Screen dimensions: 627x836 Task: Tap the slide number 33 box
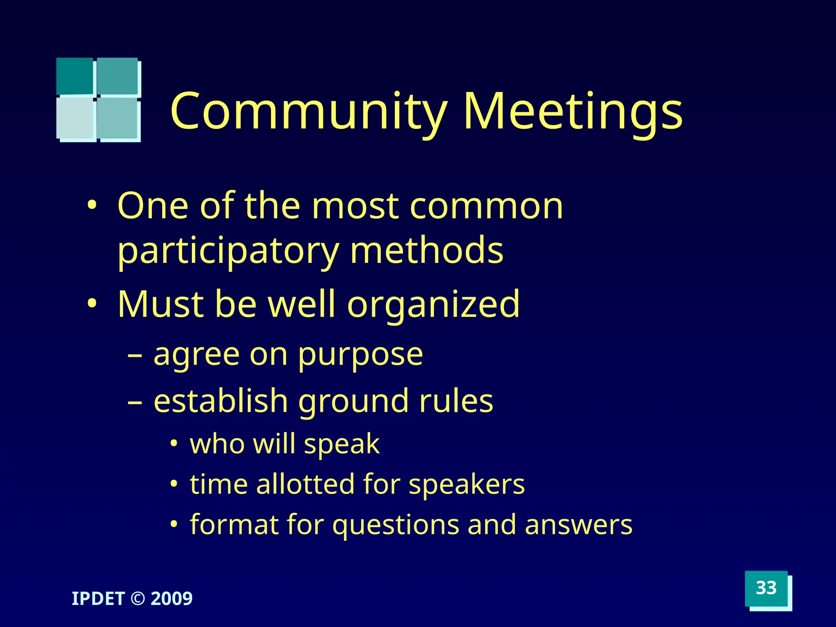coord(766,588)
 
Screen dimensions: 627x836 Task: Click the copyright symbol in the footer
coord(138,599)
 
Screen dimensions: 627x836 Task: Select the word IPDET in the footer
coord(98,599)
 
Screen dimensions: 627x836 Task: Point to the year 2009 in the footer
coord(171,599)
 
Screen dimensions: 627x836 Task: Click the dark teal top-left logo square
coord(75,76)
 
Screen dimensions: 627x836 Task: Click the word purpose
coord(360,355)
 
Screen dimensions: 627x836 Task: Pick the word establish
coord(221,401)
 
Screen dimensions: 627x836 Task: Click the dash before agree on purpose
coord(135,356)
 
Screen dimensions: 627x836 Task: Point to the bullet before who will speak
coord(174,444)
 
